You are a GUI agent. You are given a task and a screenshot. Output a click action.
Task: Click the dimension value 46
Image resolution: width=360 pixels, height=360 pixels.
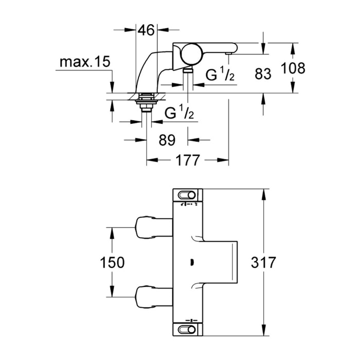[147, 30]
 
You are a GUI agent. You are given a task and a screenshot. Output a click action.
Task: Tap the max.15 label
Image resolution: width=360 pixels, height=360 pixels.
[85, 63]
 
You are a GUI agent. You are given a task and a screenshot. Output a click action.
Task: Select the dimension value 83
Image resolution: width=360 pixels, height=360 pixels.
[263, 74]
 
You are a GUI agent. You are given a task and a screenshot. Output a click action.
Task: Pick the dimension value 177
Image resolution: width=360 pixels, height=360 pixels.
[187, 160]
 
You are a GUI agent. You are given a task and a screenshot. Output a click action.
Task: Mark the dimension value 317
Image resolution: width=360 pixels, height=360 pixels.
[264, 262]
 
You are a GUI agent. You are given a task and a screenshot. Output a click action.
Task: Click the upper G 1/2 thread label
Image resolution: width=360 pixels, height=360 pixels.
[221, 75]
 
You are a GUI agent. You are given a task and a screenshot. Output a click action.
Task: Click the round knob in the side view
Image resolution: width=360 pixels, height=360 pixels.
[191, 53]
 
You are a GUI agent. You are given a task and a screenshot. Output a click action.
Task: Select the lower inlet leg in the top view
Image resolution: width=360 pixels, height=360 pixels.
[153, 297]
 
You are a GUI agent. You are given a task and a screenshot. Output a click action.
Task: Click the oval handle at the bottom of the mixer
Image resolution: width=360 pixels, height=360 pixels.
[188, 328]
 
